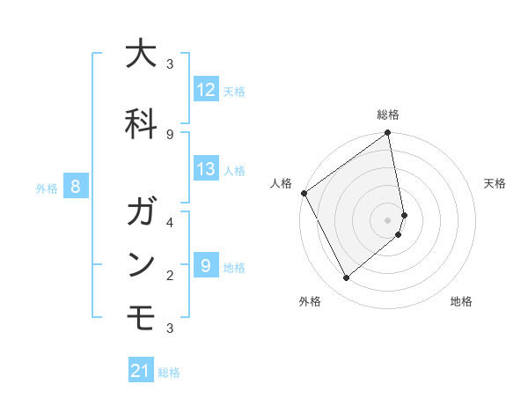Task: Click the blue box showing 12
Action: coord(206,89)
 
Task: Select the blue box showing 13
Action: coord(206,169)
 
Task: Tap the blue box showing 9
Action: coord(206,265)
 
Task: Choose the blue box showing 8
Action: coord(76,187)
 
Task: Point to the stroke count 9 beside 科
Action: coord(170,134)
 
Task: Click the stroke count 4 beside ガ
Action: coord(170,222)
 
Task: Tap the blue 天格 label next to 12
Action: coord(234,90)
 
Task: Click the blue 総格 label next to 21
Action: coord(169,373)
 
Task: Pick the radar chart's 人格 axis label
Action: coord(282,183)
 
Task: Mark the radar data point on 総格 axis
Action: coord(388,134)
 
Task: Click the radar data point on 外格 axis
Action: coord(346,278)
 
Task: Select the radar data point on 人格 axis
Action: coord(304,193)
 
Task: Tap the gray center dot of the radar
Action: coord(388,219)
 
